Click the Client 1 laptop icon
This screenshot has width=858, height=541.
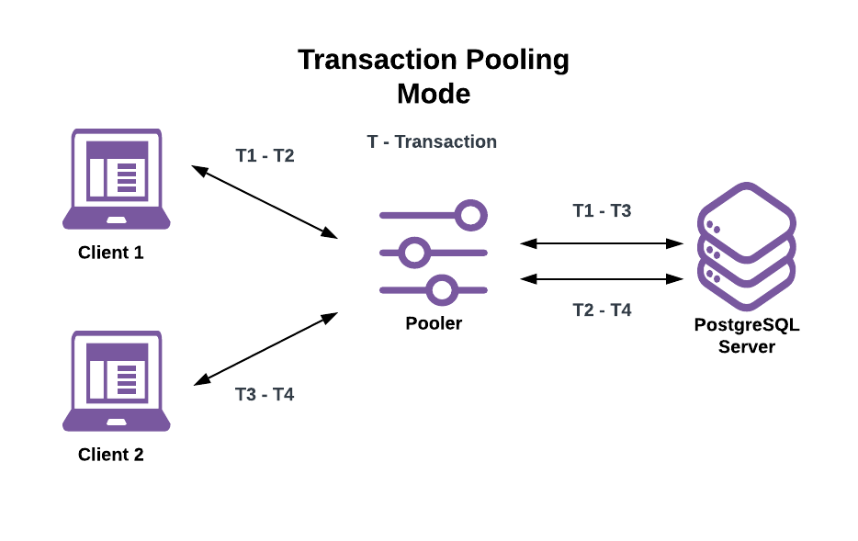tap(117, 179)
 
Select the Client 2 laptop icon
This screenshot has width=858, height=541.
tap(117, 381)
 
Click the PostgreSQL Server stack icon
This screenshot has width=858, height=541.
tap(746, 246)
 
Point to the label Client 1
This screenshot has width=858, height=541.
tap(111, 253)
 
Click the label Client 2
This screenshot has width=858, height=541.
tap(111, 455)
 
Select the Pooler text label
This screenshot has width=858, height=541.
tap(434, 323)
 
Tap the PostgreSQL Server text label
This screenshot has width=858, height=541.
tap(746, 335)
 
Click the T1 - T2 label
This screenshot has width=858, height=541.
tap(265, 155)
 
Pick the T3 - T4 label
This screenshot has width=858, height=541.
tap(265, 394)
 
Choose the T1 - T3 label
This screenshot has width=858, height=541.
tap(602, 210)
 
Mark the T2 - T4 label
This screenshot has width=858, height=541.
tap(602, 310)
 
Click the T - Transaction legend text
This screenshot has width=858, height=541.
tap(432, 141)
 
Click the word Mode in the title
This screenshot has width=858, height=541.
tap(434, 94)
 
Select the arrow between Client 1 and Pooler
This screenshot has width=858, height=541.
tap(265, 202)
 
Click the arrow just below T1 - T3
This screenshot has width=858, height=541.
tap(602, 243)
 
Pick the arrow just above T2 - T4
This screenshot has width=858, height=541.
tap(602, 278)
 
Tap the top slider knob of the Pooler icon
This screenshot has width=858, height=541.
tap(471, 216)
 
